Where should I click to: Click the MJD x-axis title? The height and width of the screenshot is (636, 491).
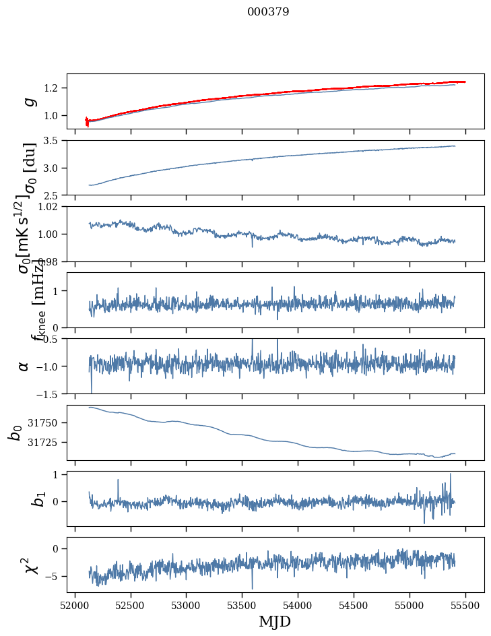[x=275, y=622]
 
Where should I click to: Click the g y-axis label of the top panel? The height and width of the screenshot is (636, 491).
[x=28, y=101]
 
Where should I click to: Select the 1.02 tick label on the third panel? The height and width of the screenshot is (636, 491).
[x=50, y=207]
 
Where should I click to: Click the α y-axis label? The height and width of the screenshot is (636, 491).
[x=24, y=366]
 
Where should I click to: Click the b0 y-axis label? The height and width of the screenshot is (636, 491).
[x=15, y=433]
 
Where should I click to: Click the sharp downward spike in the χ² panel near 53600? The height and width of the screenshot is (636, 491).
[x=253, y=587]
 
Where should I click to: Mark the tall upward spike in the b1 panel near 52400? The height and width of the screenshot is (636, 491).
[x=118, y=480]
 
